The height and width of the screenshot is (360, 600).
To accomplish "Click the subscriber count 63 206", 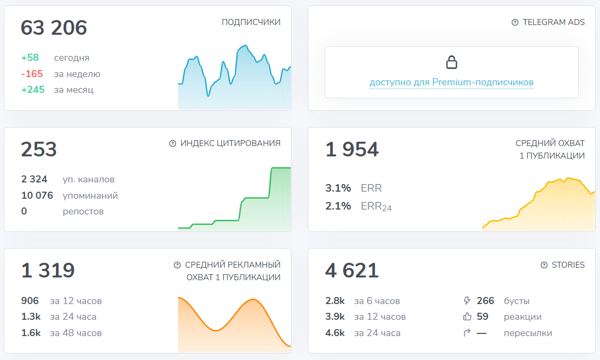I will tap(54, 28).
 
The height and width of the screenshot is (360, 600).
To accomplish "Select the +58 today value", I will tap(30, 58).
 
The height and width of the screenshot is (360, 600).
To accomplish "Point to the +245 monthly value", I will tap(33, 90).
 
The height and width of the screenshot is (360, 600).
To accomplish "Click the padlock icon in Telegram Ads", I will tap(451, 62).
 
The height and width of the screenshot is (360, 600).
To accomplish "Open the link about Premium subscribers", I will tap(451, 83).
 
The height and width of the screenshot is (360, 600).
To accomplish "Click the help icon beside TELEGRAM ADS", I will tap(515, 22).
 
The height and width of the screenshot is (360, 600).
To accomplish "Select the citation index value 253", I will tap(39, 149).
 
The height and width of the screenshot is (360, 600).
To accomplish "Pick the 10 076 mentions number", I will tap(37, 195).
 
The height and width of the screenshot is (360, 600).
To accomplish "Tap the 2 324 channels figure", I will tap(34, 179).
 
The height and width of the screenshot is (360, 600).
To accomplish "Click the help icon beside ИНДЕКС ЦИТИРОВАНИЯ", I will tap(173, 143).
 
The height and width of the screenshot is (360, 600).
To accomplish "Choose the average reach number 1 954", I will tap(352, 149).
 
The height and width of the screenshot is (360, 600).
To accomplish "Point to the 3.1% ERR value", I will tap(338, 188).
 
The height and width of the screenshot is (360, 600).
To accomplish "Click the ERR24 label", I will tap(376, 206).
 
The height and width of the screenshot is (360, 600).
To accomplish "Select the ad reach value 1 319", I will tap(48, 270).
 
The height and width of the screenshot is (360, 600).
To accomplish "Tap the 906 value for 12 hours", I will tap(30, 301).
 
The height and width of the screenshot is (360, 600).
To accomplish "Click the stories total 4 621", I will tap(352, 270).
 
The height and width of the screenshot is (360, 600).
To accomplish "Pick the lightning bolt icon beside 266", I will tap(466, 301).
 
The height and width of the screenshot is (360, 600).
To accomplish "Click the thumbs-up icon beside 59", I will tap(466, 317).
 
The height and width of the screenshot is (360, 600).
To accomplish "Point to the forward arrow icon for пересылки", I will tap(466, 333).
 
